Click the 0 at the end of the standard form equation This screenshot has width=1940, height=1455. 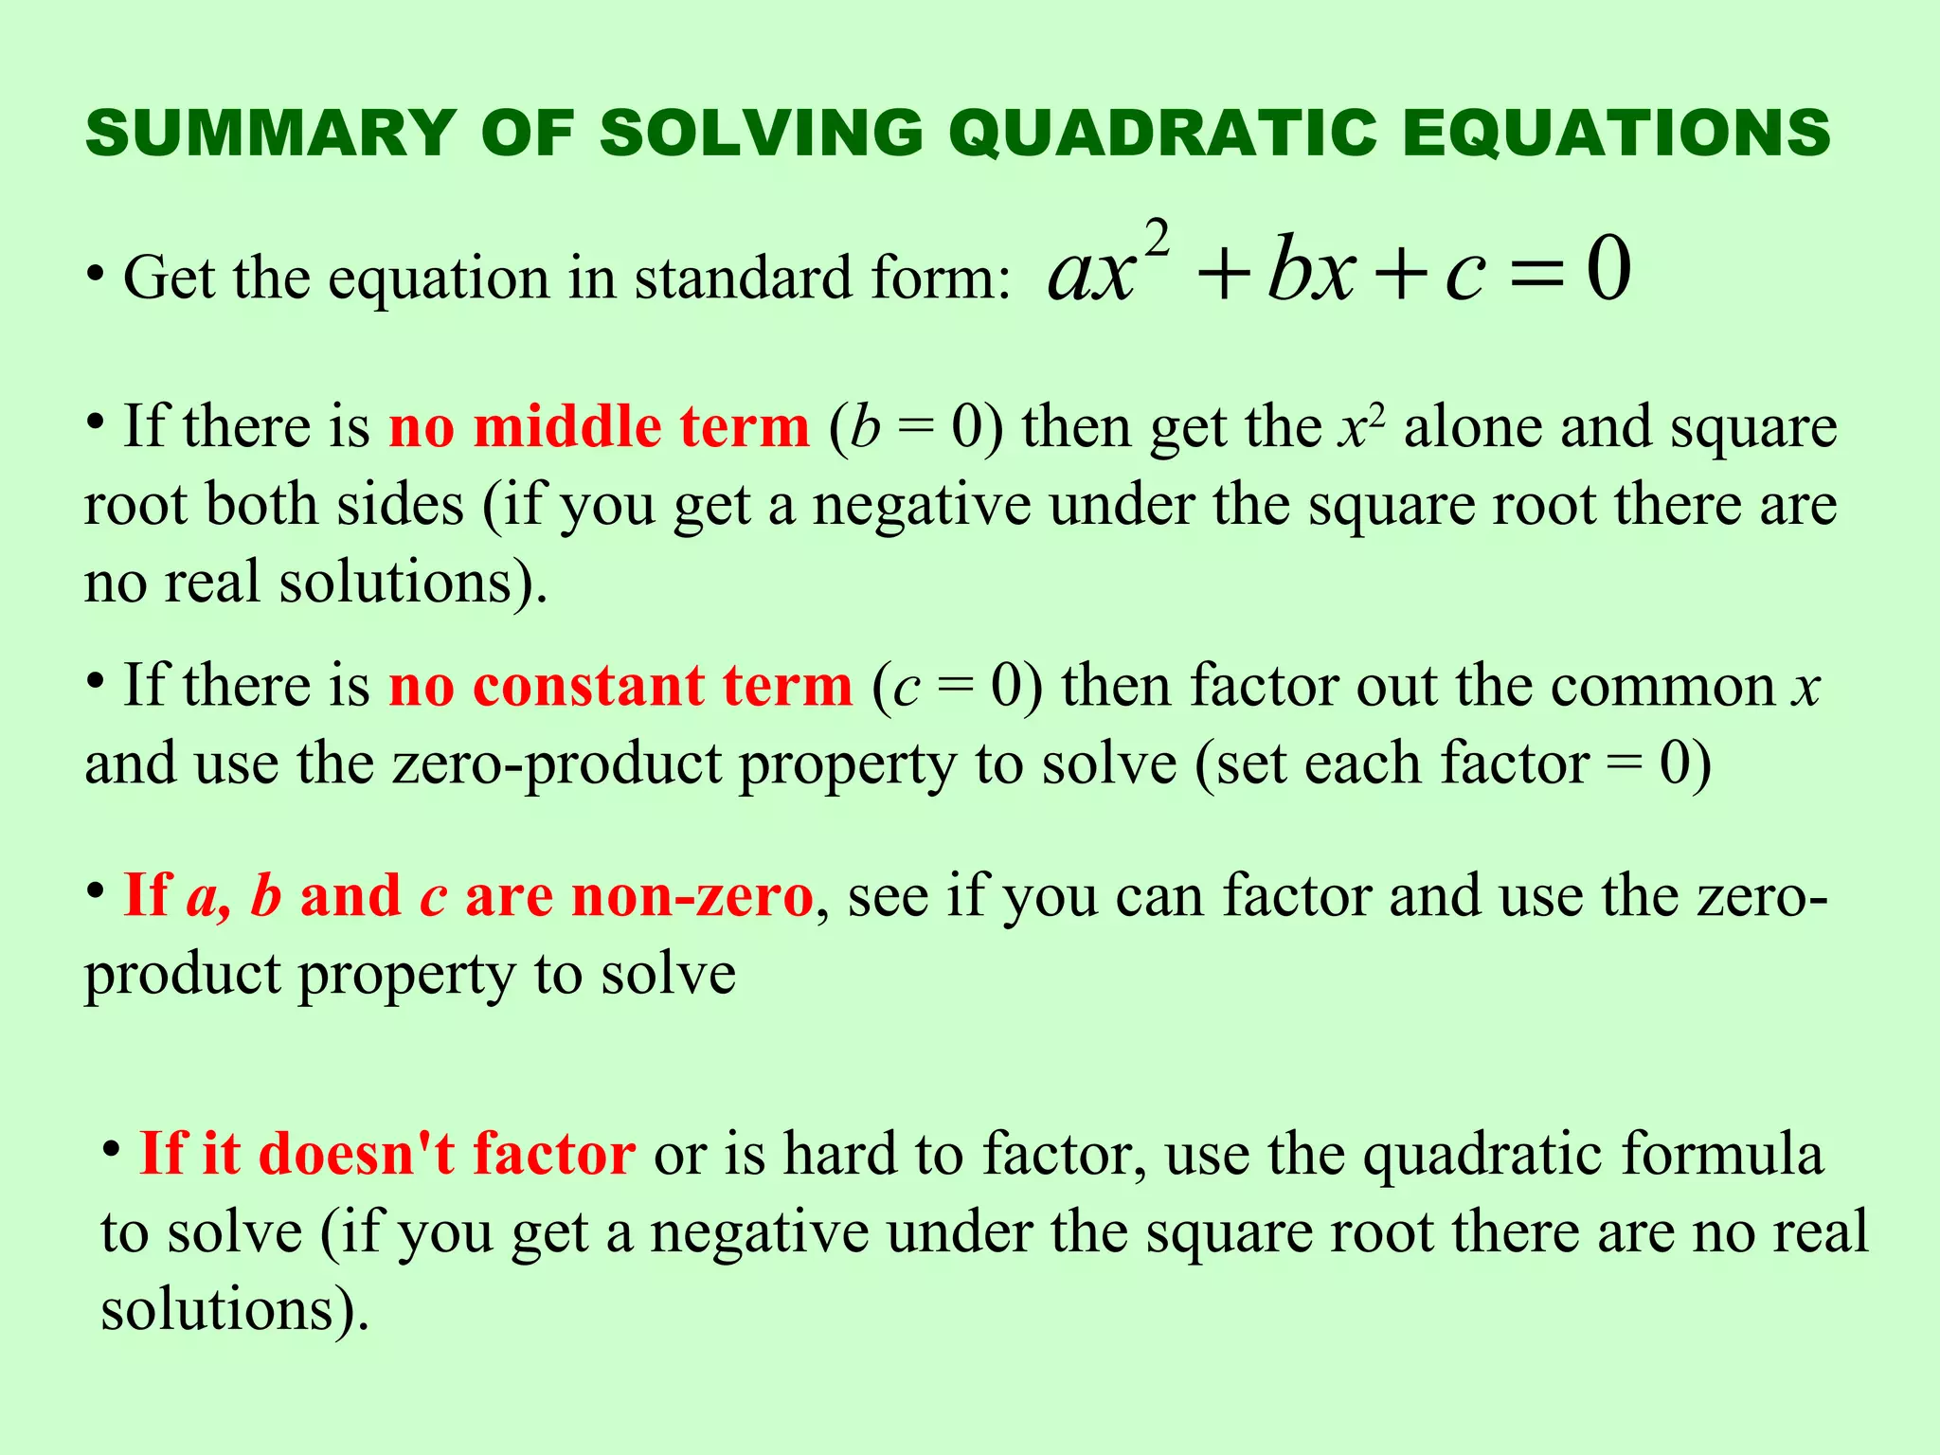click(1608, 271)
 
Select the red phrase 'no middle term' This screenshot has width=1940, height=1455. click(600, 427)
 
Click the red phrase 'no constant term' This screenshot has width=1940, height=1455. click(620, 686)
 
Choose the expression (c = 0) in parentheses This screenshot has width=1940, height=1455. click(958, 687)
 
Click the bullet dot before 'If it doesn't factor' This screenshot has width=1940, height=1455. click(112, 1150)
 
